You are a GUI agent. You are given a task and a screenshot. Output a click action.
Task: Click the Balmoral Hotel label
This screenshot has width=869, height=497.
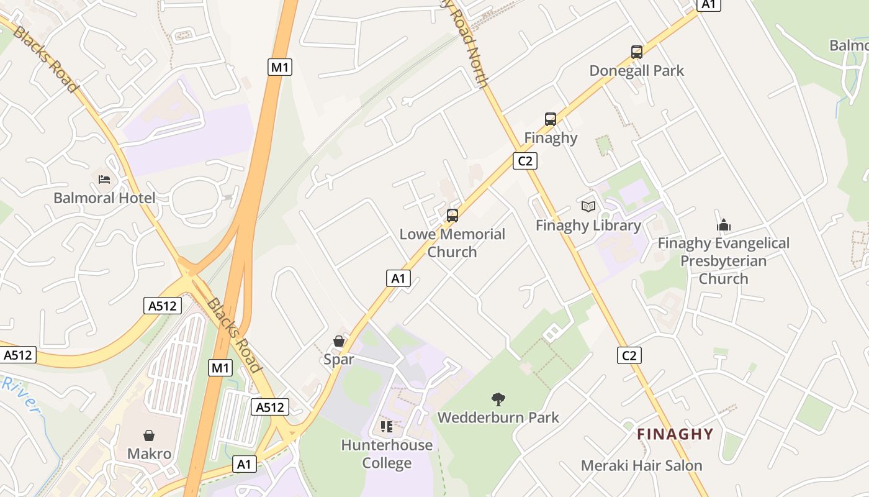(104, 198)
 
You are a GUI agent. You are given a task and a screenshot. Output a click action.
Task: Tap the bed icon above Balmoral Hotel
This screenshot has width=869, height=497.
(104, 180)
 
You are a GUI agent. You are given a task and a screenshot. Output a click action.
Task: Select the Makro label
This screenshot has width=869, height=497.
(149, 454)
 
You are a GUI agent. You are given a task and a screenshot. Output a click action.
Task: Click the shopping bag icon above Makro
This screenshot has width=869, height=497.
(149, 435)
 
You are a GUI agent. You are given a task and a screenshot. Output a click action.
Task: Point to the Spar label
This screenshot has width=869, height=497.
(339, 359)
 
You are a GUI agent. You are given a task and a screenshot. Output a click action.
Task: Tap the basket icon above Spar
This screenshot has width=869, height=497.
(339, 341)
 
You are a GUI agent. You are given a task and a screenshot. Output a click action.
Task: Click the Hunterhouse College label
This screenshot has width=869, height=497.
(387, 454)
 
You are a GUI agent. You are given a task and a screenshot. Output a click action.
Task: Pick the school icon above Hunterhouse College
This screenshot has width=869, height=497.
(387, 427)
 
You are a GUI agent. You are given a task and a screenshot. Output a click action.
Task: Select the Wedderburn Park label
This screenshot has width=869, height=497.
(498, 417)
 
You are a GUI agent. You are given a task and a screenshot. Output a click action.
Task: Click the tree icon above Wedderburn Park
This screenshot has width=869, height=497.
(498, 399)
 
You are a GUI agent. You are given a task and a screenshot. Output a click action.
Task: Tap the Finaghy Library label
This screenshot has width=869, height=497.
(588, 225)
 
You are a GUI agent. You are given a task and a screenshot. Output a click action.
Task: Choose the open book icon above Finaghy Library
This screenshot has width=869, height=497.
(588, 206)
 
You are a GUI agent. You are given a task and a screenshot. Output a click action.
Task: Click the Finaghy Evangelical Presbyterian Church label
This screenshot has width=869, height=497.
(723, 260)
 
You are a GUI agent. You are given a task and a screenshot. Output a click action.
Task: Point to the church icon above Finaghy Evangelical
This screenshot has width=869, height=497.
(723, 225)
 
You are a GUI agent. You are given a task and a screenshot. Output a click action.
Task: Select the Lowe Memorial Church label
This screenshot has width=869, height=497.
(452, 243)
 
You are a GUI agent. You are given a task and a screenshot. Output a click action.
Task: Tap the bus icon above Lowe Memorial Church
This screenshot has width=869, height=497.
(453, 216)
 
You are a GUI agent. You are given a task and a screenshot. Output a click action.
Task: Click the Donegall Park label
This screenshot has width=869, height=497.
(636, 70)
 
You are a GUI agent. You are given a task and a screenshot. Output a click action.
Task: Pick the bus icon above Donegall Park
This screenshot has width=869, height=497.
(636, 52)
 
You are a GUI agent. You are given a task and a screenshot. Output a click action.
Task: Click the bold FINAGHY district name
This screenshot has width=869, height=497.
(675, 434)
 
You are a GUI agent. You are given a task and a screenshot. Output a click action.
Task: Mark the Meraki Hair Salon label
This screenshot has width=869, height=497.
(641, 465)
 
